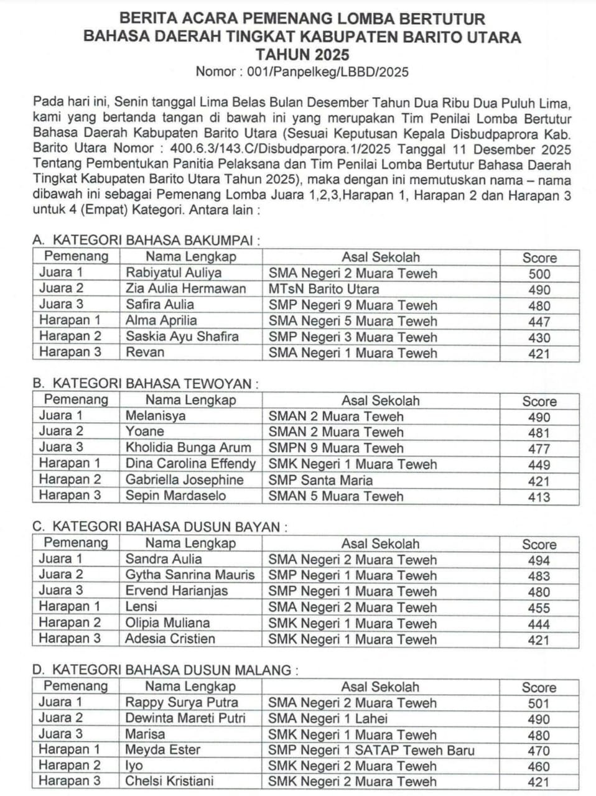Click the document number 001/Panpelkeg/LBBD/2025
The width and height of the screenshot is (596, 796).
(328, 72)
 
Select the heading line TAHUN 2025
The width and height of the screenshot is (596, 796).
(302, 55)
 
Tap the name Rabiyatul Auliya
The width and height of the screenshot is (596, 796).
(174, 273)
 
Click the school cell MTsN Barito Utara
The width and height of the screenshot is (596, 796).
(324, 289)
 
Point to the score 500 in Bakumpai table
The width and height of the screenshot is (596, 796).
(539, 274)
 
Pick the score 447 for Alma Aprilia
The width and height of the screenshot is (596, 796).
(539, 322)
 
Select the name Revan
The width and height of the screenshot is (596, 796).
(145, 353)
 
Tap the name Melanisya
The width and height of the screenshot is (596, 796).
(156, 416)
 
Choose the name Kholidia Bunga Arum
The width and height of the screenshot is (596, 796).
(189, 448)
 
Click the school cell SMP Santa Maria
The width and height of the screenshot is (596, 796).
(320, 480)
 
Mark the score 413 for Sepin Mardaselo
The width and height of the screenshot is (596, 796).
(539, 497)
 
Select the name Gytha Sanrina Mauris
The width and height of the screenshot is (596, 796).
(190, 575)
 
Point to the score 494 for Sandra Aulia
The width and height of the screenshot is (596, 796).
(539, 560)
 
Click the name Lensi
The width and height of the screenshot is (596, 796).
(141, 607)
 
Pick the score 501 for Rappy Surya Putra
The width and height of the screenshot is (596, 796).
(539, 704)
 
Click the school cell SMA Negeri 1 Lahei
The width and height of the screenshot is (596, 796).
(327, 719)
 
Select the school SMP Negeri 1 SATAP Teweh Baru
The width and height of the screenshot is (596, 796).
(371, 751)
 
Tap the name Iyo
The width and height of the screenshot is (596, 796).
(134, 766)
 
